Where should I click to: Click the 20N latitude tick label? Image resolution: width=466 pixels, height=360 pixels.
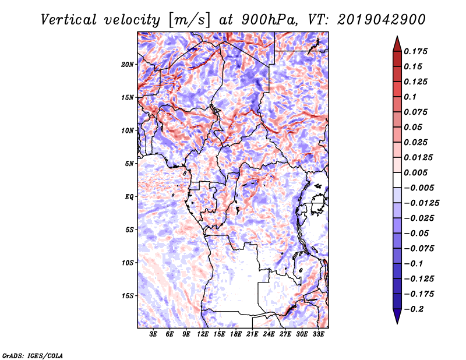pos(128,65)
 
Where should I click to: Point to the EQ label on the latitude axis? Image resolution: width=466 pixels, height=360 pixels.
pos(129,197)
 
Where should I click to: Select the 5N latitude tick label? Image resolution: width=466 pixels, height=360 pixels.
pos(129,164)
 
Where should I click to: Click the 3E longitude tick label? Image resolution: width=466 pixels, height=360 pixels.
pos(153,334)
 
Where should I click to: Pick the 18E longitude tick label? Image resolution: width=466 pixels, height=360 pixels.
pos(236,334)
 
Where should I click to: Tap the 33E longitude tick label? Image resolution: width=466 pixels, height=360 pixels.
pos(318,334)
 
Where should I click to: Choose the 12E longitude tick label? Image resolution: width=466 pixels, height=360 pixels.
pos(203,334)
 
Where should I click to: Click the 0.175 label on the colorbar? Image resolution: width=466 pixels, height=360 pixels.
pos(415,51)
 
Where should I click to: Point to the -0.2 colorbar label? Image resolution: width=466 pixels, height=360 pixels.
pos(414,309)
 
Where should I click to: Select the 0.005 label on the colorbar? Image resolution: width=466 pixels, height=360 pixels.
pos(415,172)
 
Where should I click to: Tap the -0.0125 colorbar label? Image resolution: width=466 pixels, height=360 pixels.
pos(421,203)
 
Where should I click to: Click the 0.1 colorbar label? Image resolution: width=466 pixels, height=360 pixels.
pos(410,97)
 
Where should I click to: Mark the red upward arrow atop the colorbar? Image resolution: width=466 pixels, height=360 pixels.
pos(397,44)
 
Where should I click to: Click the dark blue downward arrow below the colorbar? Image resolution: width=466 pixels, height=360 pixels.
pos(397,316)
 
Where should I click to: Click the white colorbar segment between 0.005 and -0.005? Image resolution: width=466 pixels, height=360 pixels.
pos(397,180)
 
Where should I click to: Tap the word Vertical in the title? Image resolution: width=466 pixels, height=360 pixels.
pos(69,20)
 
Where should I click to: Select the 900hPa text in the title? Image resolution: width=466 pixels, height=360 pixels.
pos(270,20)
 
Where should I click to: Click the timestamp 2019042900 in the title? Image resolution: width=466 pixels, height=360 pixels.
pos(381,20)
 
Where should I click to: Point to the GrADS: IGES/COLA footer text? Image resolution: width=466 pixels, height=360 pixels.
pos(33,355)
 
